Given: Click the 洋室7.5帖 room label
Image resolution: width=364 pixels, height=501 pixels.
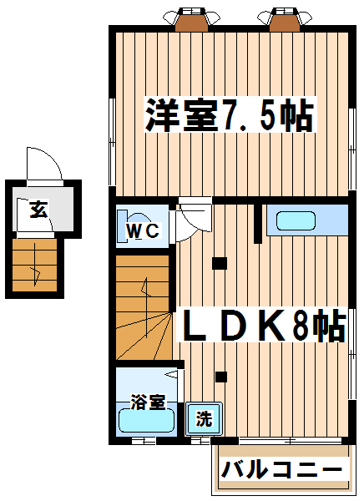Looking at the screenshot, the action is click(230, 115).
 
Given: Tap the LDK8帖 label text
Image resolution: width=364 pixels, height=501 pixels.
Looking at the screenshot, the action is click(265, 325).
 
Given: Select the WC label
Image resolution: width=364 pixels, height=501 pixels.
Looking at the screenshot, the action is click(144, 230).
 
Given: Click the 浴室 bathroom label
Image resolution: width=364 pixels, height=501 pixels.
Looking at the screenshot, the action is click(149, 402).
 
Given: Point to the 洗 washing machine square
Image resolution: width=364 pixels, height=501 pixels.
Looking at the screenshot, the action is click(205, 418).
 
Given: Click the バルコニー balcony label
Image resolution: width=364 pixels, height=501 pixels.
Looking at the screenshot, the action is click(282, 469).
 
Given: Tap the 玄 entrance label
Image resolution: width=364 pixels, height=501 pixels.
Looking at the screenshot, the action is click(39, 210).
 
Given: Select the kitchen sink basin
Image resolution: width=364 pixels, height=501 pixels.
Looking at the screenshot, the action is click(296, 220).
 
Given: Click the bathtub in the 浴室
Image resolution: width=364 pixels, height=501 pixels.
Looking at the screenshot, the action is click(147, 421).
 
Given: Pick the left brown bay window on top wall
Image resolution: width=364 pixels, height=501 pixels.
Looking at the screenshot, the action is click(191, 20).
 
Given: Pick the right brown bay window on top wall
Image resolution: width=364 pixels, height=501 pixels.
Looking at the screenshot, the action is click(285, 20).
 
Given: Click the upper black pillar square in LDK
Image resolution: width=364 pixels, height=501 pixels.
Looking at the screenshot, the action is click(220, 264).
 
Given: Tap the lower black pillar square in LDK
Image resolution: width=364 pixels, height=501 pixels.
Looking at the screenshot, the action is click(221, 377).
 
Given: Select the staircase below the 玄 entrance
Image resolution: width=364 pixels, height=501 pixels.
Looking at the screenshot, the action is click(35, 266).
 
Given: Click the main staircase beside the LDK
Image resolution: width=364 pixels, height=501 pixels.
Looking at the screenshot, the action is click(143, 307).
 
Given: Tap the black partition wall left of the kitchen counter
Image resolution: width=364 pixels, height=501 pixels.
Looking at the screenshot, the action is click(258, 224).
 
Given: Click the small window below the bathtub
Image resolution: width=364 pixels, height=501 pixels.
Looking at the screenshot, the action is click(144, 441).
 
